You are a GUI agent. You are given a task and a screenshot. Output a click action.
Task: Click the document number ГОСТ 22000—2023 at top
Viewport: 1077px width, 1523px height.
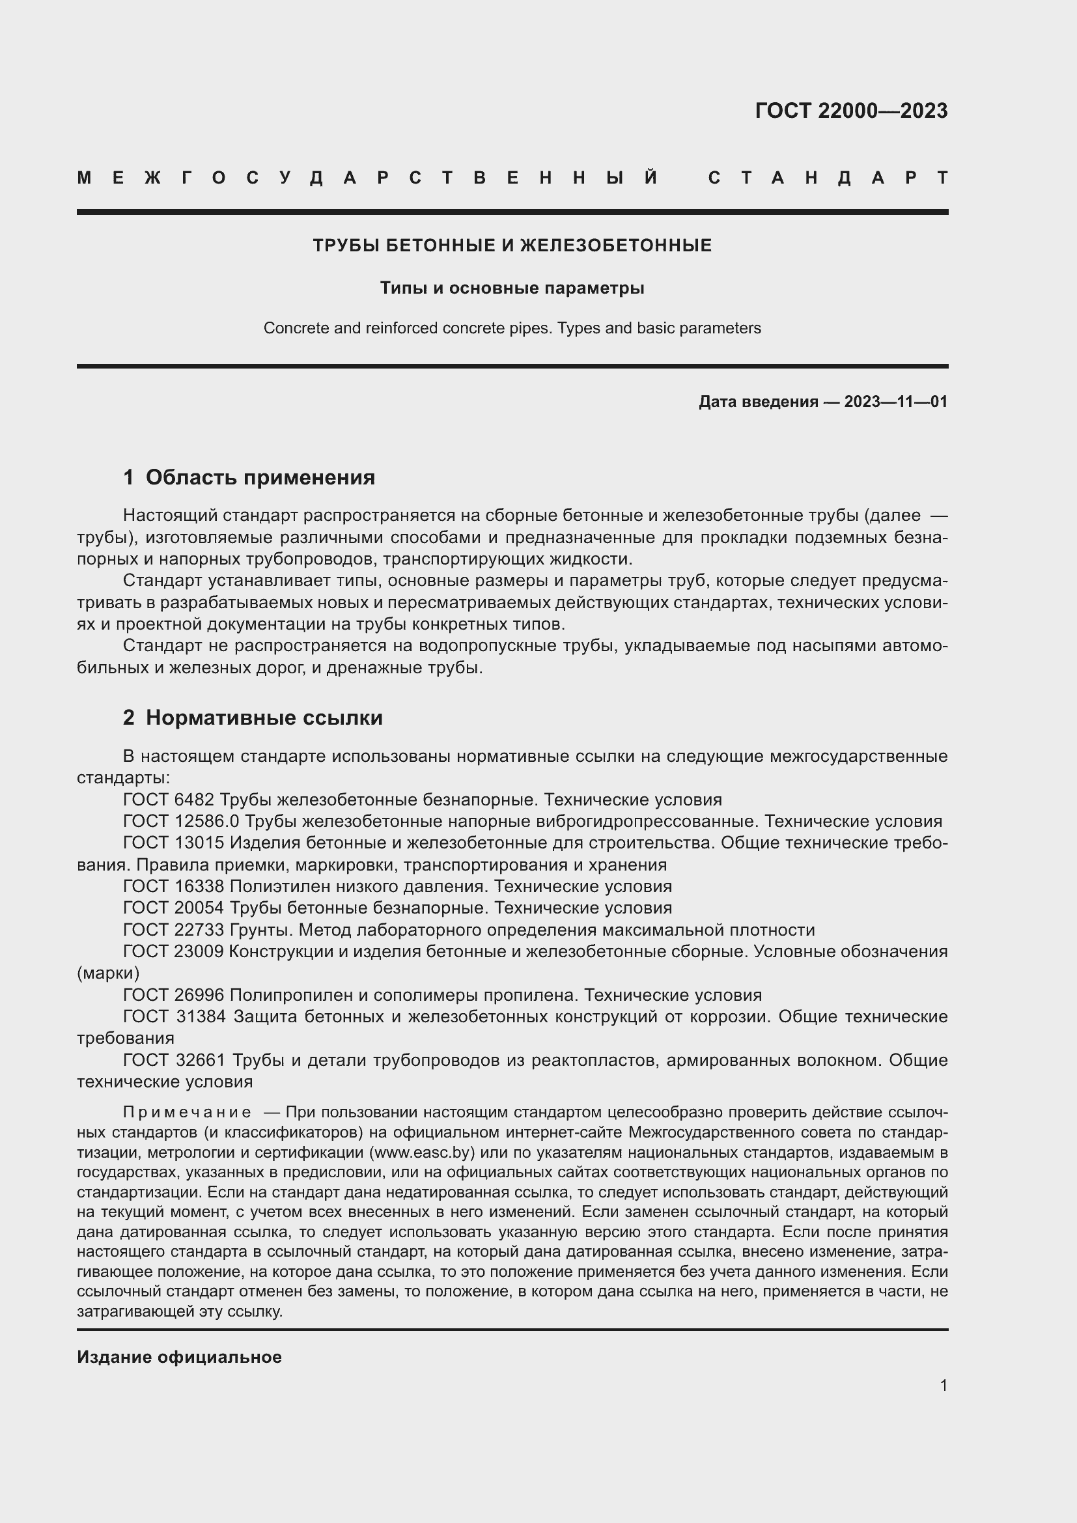851,111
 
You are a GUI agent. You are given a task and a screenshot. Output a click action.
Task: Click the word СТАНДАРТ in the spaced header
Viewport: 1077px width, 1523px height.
828,178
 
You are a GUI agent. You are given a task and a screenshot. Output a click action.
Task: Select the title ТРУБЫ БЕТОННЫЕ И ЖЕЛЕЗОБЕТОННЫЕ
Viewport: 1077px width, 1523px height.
512,245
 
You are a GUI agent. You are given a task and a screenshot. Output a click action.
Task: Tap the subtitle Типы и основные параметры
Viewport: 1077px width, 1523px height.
512,288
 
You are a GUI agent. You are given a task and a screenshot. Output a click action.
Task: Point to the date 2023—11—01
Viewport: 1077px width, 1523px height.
895,401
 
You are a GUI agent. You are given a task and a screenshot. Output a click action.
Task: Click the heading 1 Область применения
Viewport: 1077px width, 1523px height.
249,477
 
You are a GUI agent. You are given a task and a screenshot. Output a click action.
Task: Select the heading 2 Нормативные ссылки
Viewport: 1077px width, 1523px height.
253,717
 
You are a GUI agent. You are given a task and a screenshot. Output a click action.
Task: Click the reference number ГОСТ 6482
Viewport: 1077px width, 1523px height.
169,800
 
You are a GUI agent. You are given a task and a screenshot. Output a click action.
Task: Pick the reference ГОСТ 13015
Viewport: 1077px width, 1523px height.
174,843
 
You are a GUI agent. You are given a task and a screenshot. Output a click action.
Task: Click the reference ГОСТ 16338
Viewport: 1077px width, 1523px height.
174,886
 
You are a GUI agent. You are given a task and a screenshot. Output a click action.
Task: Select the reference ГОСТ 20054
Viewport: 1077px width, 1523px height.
174,908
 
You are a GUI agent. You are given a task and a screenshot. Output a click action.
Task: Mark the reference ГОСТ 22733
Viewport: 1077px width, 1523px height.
174,929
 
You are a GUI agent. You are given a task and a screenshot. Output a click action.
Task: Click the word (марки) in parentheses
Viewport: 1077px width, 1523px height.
108,972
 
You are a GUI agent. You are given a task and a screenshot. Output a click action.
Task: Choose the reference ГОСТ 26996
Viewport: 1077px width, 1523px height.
174,994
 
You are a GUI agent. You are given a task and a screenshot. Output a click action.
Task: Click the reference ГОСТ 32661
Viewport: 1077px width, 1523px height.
174,1060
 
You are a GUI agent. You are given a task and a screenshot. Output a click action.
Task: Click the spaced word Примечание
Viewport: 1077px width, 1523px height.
187,1111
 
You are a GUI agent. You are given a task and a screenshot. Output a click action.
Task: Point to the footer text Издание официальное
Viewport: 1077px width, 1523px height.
179,1357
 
